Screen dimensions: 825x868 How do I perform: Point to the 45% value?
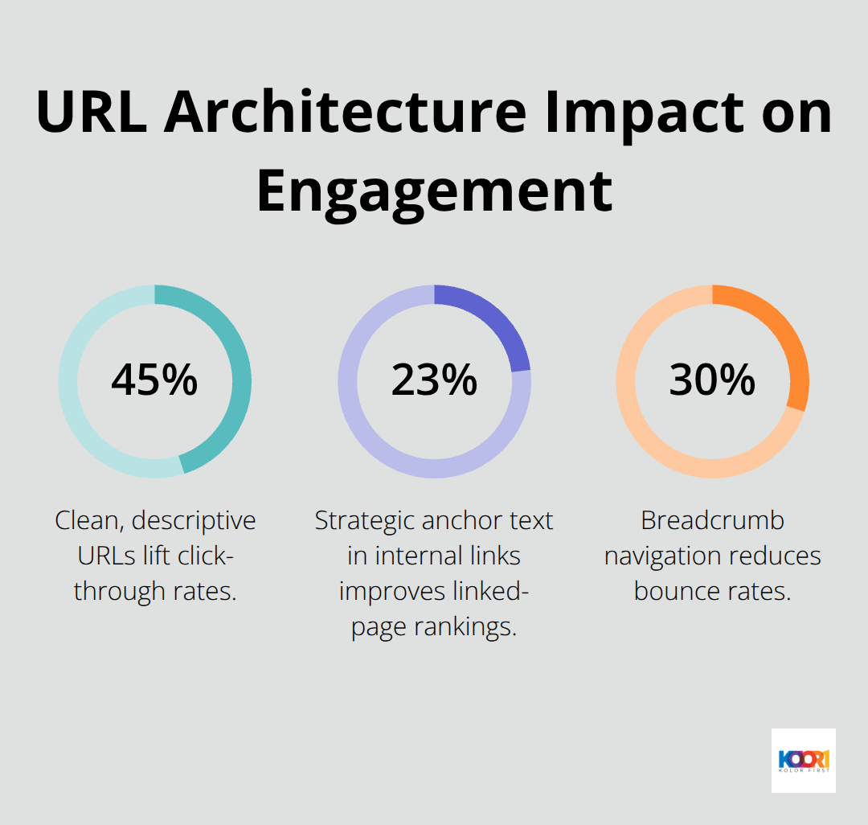click(x=154, y=380)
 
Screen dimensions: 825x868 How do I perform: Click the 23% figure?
click(x=434, y=380)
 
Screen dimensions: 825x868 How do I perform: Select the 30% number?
click(x=712, y=380)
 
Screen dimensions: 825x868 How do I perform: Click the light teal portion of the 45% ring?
click(x=76, y=402)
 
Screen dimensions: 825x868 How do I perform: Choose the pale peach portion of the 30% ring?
click(x=643, y=426)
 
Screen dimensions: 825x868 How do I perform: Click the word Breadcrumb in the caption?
click(x=712, y=520)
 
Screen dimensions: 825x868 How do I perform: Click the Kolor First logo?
click(x=803, y=761)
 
